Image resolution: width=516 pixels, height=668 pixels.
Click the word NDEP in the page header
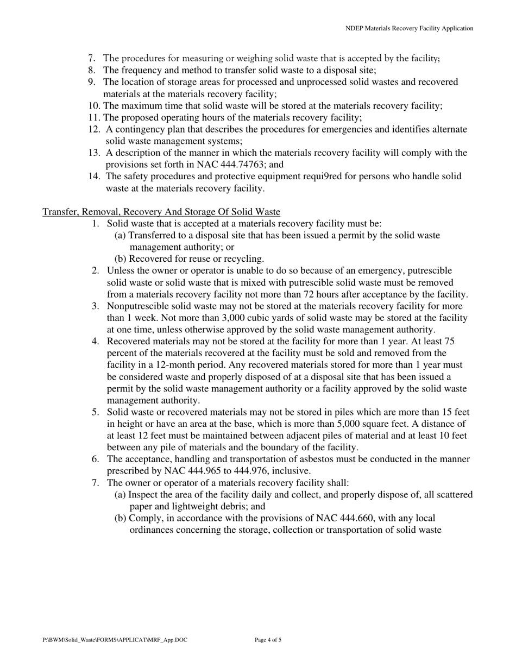tap(355, 28)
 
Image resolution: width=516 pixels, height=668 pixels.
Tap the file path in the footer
tap(115, 640)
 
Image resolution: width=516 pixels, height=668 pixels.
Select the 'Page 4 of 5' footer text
tap(268, 640)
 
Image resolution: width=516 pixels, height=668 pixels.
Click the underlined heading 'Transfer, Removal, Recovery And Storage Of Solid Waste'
tap(161, 212)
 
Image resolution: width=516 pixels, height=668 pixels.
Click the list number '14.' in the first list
tap(95, 177)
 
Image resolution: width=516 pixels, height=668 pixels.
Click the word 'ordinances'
tap(154, 530)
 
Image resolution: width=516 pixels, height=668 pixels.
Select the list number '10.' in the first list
tap(94, 106)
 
